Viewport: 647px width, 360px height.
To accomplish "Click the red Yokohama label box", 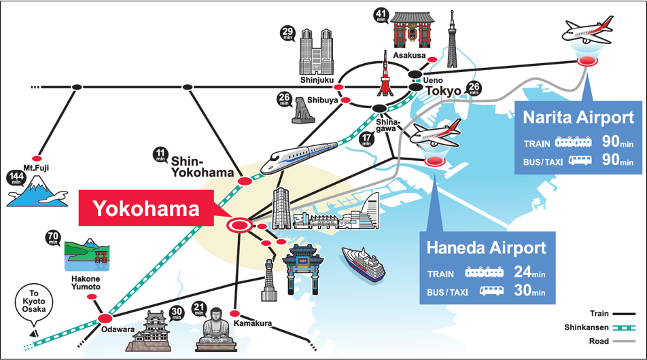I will pos(147,208).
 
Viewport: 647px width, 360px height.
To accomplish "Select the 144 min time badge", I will pos(14,179).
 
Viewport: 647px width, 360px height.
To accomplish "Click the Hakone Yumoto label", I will pos(84,283).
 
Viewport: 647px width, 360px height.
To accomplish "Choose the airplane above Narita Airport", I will pos(588,30).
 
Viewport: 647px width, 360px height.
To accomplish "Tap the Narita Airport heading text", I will pos(578,118).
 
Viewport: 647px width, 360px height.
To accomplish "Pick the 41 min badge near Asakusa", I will pos(381,16).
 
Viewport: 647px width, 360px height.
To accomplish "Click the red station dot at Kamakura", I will pos(235,314).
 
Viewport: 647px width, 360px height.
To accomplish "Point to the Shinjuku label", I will pos(317,80).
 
